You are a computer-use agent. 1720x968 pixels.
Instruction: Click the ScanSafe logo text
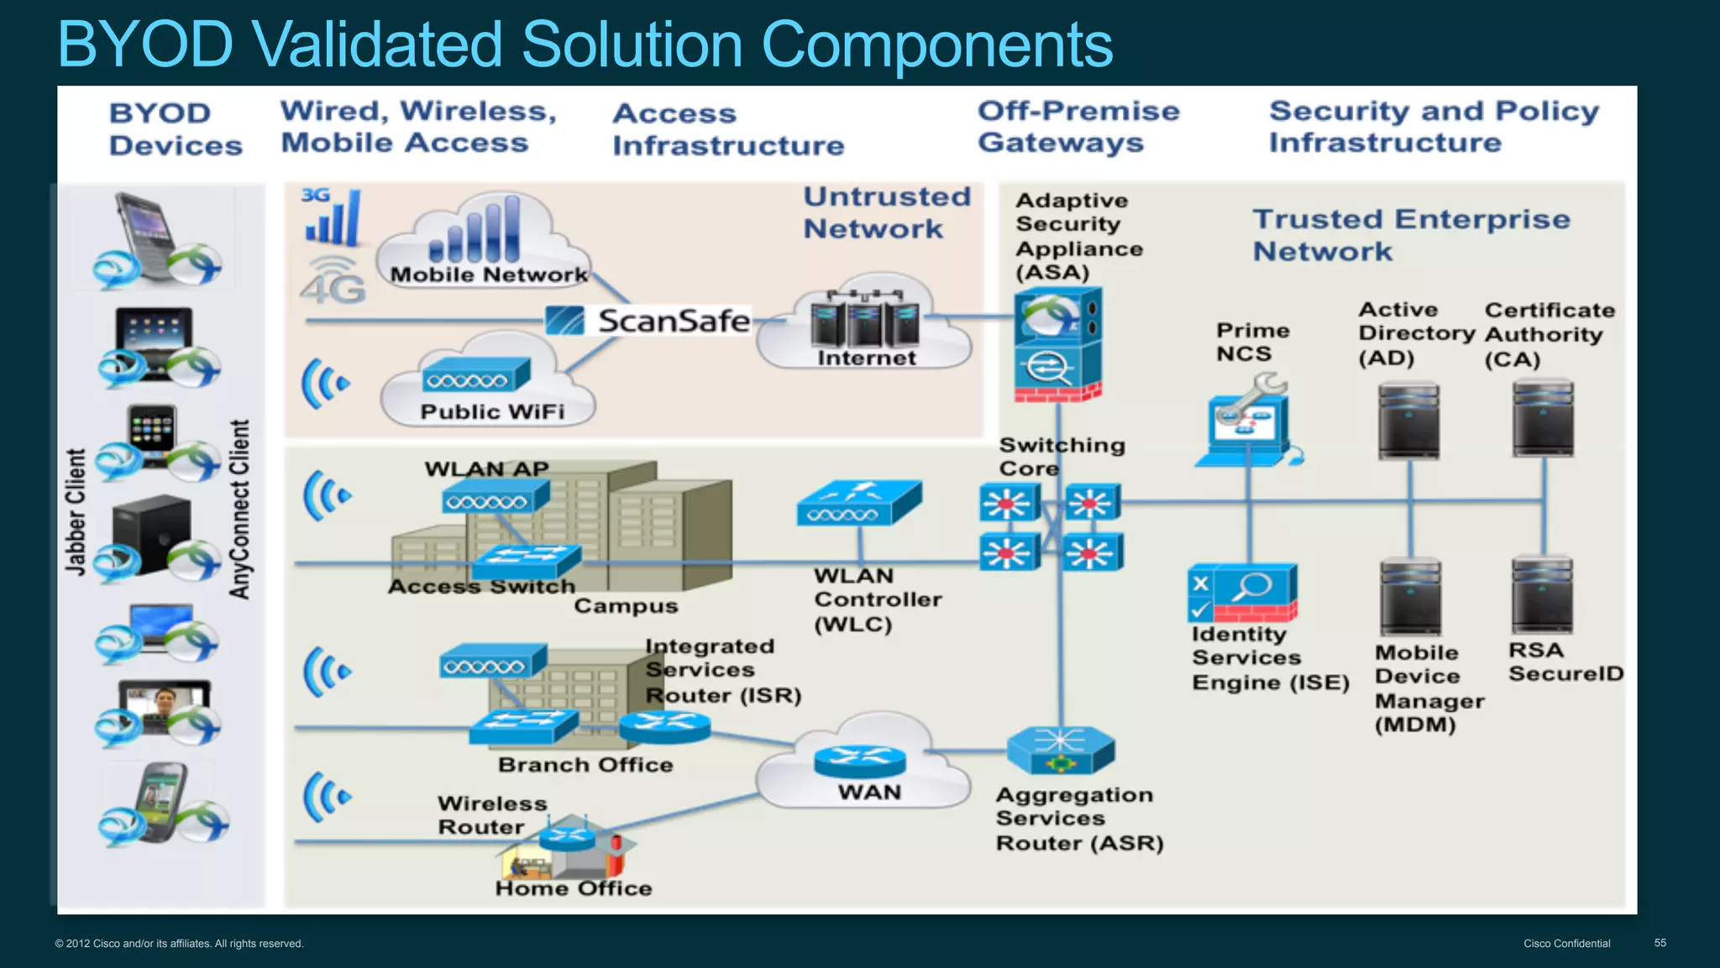coord(672,321)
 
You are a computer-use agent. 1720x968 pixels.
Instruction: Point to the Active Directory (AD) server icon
coord(1408,420)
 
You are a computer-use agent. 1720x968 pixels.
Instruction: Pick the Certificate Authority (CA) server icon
coord(1543,418)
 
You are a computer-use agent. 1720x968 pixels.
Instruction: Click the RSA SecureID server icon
coord(1542,596)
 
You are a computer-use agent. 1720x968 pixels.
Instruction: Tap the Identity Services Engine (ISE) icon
coord(1242,593)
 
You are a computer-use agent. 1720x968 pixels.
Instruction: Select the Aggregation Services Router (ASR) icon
coord(1061,750)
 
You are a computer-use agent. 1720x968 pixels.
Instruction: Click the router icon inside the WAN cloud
coord(860,760)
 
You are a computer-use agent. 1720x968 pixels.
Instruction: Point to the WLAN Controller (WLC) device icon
coord(859,503)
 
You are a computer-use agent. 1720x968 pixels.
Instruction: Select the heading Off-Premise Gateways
coord(1078,126)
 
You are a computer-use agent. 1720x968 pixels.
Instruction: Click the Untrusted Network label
coord(886,212)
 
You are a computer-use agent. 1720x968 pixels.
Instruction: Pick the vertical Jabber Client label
coord(76,511)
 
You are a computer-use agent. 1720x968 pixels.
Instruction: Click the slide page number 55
coord(1660,943)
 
